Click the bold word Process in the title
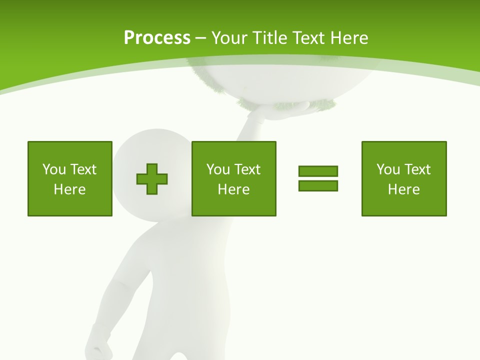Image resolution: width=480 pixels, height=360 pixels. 157,38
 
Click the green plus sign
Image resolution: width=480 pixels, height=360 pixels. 152,179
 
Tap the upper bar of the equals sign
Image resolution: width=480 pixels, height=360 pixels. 318,171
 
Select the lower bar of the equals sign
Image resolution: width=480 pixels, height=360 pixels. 318,185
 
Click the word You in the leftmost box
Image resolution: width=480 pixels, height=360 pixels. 54,169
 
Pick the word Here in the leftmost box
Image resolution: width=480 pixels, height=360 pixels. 70,189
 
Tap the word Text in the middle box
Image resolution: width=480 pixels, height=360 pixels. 246,169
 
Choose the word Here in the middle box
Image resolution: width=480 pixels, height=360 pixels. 234,189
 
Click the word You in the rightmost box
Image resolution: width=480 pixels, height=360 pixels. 388,169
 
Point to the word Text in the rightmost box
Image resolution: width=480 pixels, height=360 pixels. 416,169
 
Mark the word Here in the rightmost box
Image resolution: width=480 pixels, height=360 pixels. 404,189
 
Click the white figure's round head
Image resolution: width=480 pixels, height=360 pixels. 150,150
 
